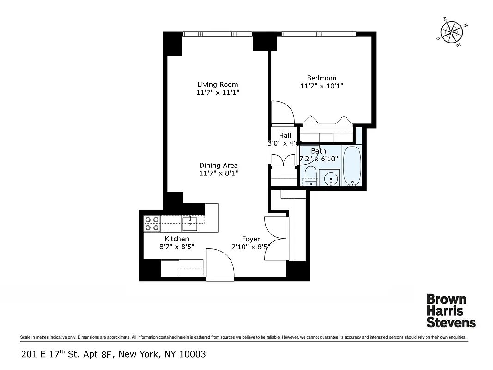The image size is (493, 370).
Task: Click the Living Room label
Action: click(x=218, y=84)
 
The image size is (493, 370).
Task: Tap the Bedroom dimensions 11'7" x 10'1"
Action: click(x=322, y=86)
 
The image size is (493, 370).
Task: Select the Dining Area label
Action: click(x=219, y=165)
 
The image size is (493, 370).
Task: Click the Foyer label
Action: click(x=251, y=239)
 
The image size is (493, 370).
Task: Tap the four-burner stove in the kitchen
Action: click(x=152, y=223)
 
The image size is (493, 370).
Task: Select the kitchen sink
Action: click(x=189, y=223)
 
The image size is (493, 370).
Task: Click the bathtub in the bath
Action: click(x=353, y=166)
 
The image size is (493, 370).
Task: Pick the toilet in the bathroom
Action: click(x=310, y=176)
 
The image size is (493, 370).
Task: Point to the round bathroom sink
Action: click(x=331, y=178)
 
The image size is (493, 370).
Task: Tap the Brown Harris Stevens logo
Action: click(x=450, y=310)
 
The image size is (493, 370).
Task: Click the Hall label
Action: click(x=285, y=135)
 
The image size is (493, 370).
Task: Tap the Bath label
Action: click(x=318, y=151)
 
